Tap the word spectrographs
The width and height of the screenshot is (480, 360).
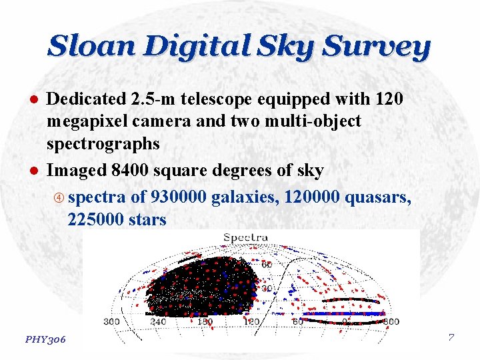point(103,144)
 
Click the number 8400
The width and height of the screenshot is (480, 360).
point(131,171)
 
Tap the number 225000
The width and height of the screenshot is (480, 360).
point(93,219)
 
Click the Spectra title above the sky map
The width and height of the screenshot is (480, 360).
point(246,237)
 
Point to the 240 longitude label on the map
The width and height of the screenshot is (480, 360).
point(157,322)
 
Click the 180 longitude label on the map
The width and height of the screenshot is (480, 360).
point(204,322)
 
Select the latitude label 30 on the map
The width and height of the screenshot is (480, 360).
point(267,289)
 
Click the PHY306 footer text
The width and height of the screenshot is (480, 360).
point(45,339)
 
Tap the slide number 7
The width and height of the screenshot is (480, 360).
point(451,337)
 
